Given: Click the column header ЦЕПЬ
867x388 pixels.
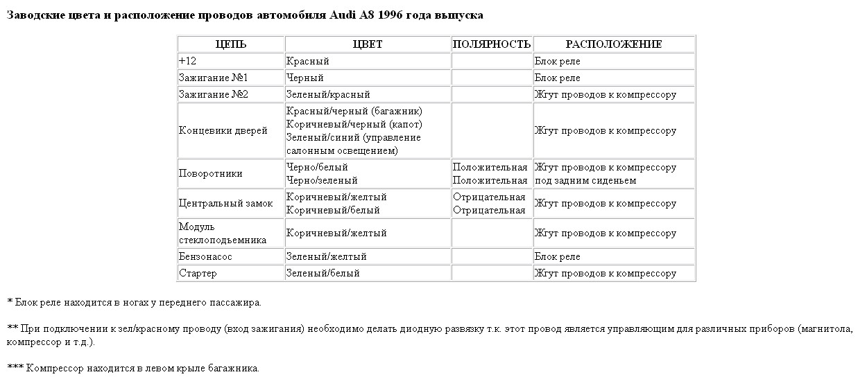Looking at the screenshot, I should pyautogui.click(x=230, y=44).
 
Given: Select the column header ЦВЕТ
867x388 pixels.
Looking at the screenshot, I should pyautogui.click(x=367, y=44).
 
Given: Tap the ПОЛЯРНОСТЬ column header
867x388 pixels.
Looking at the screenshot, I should pyautogui.click(x=491, y=44).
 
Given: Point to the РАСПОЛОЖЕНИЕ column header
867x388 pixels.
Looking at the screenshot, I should pyautogui.click(x=613, y=44).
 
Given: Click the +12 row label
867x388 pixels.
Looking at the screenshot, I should pyautogui.click(x=187, y=61).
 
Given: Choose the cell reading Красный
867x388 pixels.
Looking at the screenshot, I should pyautogui.click(x=307, y=61).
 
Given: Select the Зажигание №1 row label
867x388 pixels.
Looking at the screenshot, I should pyautogui.click(x=213, y=78).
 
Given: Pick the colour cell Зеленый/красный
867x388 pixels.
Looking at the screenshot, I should pyautogui.click(x=328, y=94).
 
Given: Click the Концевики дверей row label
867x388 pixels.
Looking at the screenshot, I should pyautogui.click(x=223, y=131).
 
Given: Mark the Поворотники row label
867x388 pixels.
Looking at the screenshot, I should pyautogui.click(x=210, y=174).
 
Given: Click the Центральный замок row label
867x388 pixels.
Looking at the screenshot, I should pyautogui.click(x=225, y=204).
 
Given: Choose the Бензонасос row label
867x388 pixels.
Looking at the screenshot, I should pyautogui.click(x=205, y=256).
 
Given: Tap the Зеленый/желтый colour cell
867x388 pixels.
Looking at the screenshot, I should pyautogui.click(x=327, y=256).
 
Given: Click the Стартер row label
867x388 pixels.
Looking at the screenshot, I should pyautogui.click(x=198, y=273).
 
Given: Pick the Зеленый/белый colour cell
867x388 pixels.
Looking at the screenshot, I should pyautogui.click(x=323, y=273).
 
